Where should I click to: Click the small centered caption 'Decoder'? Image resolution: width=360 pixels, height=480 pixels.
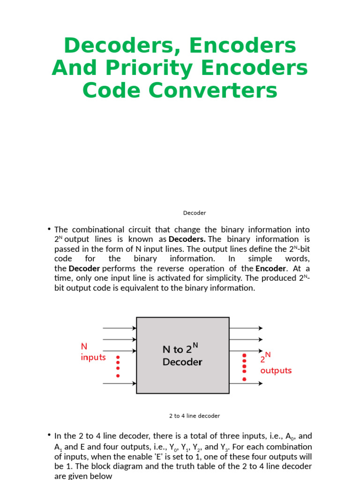tap(195, 213)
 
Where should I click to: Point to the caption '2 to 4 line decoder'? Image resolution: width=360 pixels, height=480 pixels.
tap(195, 416)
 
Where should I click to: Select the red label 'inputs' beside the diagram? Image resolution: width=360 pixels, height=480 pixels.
tap(93, 357)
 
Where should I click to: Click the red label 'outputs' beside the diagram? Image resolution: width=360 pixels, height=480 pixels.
tap(276, 370)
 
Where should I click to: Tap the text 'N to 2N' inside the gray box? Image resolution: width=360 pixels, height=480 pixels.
tap(180, 349)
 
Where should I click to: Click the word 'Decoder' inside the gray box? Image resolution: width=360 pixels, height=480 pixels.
tap(182, 362)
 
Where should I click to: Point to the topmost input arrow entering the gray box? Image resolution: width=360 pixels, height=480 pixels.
tap(119, 329)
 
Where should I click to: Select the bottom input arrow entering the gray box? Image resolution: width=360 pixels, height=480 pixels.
tap(119, 383)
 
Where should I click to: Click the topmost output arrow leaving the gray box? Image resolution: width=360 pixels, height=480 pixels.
tap(246, 328)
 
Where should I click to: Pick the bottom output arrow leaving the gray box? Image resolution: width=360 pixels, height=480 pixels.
tap(246, 383)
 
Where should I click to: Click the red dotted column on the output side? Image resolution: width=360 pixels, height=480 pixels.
tap(244, 367)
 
